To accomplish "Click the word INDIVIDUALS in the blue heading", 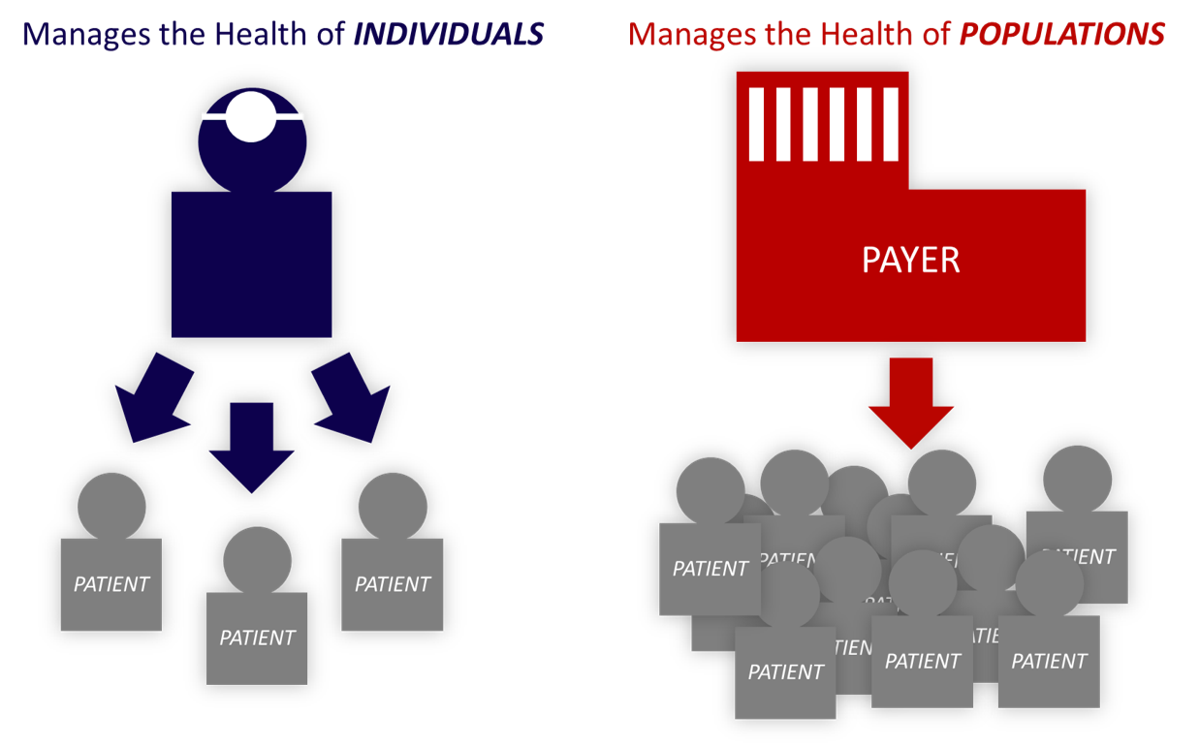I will click(447, 35).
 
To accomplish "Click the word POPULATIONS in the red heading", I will click(1061, 35).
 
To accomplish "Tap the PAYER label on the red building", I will click(910, 260).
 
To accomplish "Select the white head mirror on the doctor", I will click(251, 116).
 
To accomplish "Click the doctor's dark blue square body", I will click(251, 264).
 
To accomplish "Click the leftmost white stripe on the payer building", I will click(757, 124).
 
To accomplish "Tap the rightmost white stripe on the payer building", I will click(891, 124).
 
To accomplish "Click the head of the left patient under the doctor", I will click(111, 506).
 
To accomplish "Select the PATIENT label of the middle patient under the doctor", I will click(257, 638).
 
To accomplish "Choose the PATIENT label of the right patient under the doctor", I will click(393, 584).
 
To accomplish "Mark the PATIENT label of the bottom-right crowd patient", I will click(1049, 661).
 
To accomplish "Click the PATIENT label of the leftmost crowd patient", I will click(711, 568).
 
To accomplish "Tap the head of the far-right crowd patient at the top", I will click(1077, 479).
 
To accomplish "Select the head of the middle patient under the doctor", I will click(257, 559).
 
